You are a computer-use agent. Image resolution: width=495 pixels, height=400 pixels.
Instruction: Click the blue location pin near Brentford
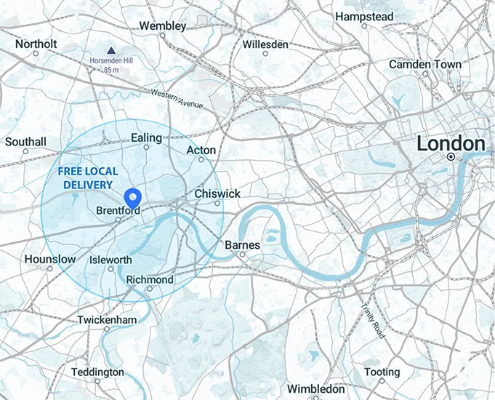click(x=133, y=197)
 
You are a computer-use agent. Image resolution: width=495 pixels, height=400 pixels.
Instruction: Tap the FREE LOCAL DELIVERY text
click(x=86, y=178)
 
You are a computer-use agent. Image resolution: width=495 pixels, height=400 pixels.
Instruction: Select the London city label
click(x=450, y=144)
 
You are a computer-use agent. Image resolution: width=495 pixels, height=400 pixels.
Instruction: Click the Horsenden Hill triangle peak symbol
click(x=110, y=51)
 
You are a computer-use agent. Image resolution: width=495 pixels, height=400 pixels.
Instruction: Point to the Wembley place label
click(x=162, y=25)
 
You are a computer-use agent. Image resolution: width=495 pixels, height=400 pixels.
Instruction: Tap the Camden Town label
click(x=424, y=64)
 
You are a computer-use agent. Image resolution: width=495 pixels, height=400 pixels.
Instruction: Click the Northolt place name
click(x=36, y=44)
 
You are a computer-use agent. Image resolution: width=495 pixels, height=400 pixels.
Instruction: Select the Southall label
click(x=25, y=142)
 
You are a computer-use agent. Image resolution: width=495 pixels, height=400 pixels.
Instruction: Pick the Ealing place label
click(x=147, y=137)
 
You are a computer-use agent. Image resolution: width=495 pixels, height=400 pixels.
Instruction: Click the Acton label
click(x=201, y=150)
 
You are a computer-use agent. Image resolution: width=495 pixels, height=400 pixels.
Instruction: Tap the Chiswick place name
click(x=217, y=194)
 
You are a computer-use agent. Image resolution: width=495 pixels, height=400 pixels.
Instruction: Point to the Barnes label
click(x=242, y=245)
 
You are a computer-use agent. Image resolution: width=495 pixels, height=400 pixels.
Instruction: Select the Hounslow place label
click(x=49, y=259)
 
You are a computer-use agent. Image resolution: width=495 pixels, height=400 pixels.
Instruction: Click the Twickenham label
click(x=107, y=320)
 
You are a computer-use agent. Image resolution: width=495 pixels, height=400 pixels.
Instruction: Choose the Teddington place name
click(x=97, y=372)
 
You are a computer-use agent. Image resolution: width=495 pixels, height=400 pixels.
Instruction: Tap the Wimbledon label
click(x=315, y=389)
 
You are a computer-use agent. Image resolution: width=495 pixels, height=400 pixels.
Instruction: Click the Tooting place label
click(x=382, y=372)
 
